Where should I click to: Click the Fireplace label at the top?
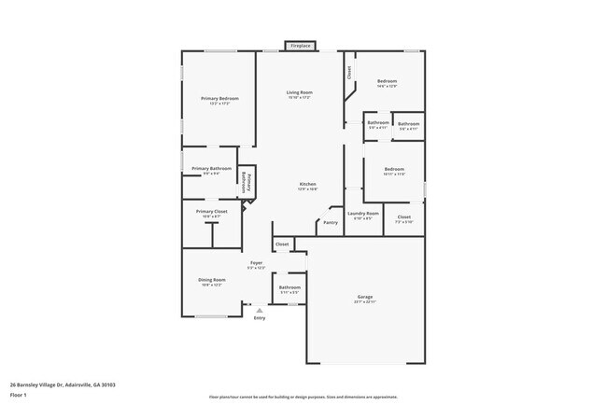(300, 46)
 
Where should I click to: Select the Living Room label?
(299, 92)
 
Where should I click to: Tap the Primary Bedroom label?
(219, 98)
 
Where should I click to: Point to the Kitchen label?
(308, 184)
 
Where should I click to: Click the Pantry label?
(331, 222)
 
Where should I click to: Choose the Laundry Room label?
(363, 213)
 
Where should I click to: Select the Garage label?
(364, 297)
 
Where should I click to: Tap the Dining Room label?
(212, 280)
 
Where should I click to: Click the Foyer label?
(256, 263)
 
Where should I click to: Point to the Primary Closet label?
(212, 212)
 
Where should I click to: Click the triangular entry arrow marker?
(260, 310)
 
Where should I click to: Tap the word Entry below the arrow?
(260, 318)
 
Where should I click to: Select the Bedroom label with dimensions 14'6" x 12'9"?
(388, 81)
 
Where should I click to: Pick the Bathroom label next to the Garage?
(289, 287)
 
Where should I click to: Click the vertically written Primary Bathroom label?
(247, 181)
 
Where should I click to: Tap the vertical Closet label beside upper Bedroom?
(349, 72)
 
